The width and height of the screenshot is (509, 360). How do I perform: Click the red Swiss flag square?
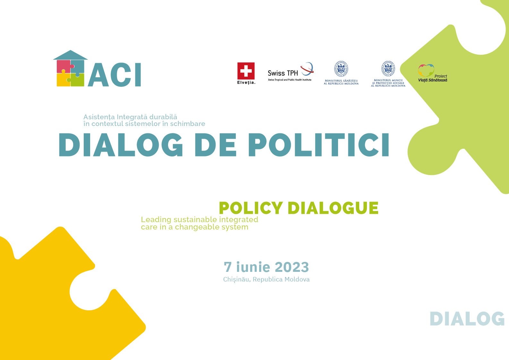pos(246,71)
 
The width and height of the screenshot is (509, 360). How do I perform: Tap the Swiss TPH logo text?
pos(283,73)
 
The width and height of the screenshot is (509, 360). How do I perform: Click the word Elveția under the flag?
pos(246,82)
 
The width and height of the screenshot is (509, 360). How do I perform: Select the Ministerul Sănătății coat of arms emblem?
pos(341,69)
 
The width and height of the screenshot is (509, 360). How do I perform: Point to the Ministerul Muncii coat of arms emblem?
pos(388,68)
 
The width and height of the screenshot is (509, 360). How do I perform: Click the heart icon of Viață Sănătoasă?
pos(426,71)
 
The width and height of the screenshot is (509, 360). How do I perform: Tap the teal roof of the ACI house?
pos(71,55)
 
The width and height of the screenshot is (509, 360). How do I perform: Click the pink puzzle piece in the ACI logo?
pos(64,66)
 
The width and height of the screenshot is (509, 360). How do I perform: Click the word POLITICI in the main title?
pos(319,145)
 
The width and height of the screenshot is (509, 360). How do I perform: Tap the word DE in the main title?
pos(216,145)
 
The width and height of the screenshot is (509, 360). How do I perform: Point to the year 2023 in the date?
pos(292,267)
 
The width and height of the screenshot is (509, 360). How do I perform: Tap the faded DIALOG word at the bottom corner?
pos(467,319)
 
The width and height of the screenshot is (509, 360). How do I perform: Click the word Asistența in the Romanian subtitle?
pos(99,117)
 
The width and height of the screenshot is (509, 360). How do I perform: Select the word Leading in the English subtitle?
pos(156,220)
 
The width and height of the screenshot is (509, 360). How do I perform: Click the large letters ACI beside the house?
pos(115,74)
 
